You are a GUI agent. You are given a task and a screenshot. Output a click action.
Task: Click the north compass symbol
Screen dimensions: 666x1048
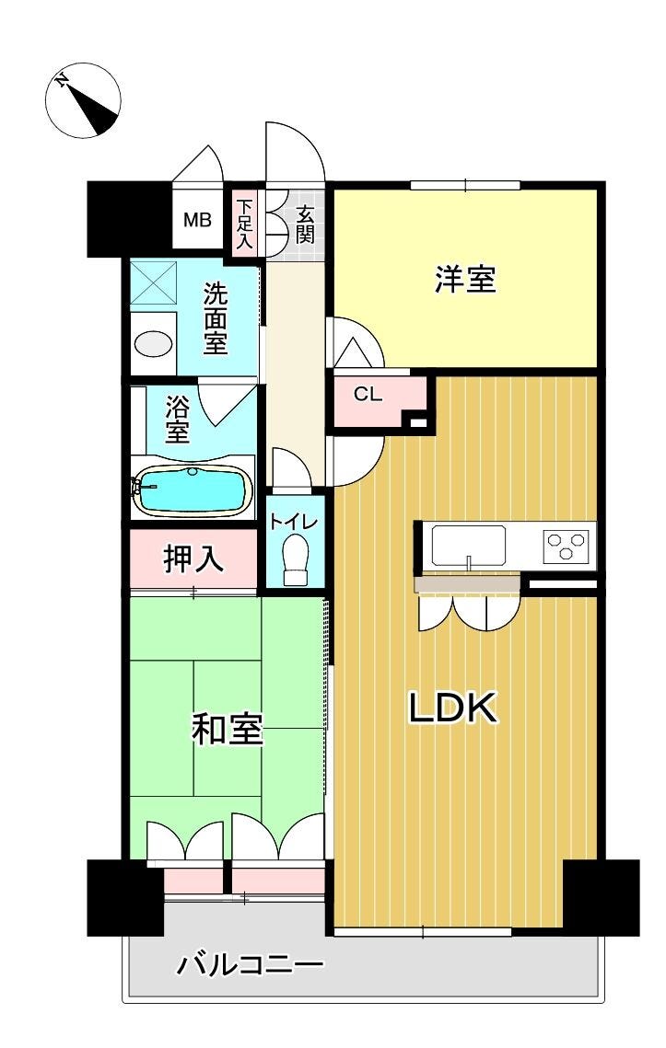tap(83, 100)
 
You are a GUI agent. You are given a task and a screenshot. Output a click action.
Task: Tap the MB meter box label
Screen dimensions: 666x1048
tap(197, 219)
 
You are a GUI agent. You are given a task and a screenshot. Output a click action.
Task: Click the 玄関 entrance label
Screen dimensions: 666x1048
tap(305, 225)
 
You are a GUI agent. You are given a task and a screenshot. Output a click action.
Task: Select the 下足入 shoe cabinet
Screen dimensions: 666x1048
tap(244, 224)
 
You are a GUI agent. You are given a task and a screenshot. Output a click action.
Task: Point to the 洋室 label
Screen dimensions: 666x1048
tap(466, 279)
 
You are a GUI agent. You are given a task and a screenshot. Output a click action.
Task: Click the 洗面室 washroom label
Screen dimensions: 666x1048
tap(216, 318)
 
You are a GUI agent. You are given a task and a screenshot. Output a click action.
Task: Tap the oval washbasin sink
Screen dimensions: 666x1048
tap(153, 344)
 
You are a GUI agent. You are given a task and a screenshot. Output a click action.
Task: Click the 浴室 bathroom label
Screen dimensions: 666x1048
tap(178, 420)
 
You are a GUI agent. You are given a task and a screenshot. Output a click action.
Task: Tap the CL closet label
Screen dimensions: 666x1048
tap(368, 395)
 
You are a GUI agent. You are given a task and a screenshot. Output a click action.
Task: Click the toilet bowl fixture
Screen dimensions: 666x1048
tap(295, 560)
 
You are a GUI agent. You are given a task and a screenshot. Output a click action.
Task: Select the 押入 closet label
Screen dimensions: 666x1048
tap(193, 559)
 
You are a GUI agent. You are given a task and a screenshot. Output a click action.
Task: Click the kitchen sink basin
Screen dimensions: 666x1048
tap(469, 546)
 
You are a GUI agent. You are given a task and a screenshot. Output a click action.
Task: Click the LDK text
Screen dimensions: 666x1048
tap(454, 708)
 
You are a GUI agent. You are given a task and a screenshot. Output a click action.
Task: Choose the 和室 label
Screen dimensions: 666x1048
tap(227, 730)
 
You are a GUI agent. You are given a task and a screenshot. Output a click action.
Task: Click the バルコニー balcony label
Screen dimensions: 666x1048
tap(251, 965)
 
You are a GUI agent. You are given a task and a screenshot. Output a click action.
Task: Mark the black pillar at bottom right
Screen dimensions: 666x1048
tap(602, 898)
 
